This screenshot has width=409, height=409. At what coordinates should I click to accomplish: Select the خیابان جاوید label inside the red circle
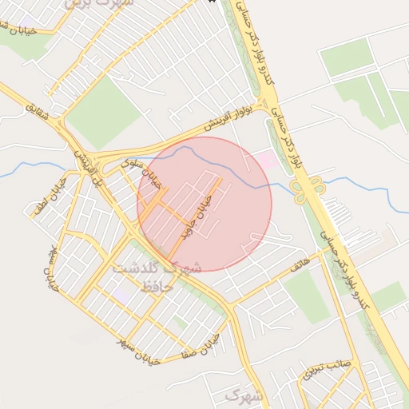pos(197,216)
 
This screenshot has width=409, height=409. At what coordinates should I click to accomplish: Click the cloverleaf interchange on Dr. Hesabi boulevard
pos(308,189)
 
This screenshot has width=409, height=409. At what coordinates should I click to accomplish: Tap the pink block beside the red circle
pos(266,161)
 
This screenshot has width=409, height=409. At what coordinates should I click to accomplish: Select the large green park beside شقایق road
pos(102,111)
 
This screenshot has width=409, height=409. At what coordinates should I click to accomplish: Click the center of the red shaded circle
pos(204,204)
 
